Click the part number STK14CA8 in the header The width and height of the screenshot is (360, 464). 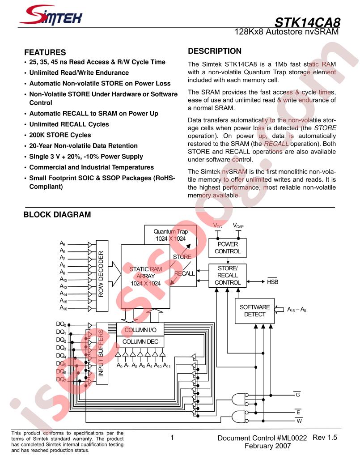pyautogui.click(x=307, y=22)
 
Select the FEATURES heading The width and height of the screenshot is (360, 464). pyautogui.click(x=45, y=52)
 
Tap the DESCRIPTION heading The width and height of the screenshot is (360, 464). pyautogui.click(x=215, y=51)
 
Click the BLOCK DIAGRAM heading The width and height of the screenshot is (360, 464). pyautogui.click(x=57, y=214)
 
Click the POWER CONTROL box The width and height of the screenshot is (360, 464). pyautogui.click(x=228, y=248)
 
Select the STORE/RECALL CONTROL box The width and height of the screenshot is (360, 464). pyautogui.click(x=228, y=276)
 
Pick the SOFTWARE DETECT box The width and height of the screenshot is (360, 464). pyautogui.click(x=255, y=311)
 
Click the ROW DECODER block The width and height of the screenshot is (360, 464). pyautogui.click(x=102, y=276)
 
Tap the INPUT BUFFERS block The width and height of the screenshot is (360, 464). pyautogui.click(x=102, y=353)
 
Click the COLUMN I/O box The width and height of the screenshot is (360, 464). pyautogui.click(x=140, y=330)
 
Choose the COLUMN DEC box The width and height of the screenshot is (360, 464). pyautogui.click(x=140, y=342)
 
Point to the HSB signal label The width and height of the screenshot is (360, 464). pyautogui.click(x=272, y=281)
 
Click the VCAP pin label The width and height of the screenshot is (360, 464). pyautogui.click(x=238, y=226)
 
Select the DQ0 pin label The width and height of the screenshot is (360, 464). pyautogui.click(x=61, y=324)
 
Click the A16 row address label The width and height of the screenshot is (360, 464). pyautogui.click(x=64, y=308)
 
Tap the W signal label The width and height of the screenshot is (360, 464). pyautogui.click(x=299, y=421)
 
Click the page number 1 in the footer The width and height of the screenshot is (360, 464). pyautogui.click(x=172, y=438)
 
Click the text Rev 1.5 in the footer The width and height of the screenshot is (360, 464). pyautogui.click(x=325, y=437)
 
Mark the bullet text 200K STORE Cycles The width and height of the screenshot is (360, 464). pyautogui.click(x=60, y=135)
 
